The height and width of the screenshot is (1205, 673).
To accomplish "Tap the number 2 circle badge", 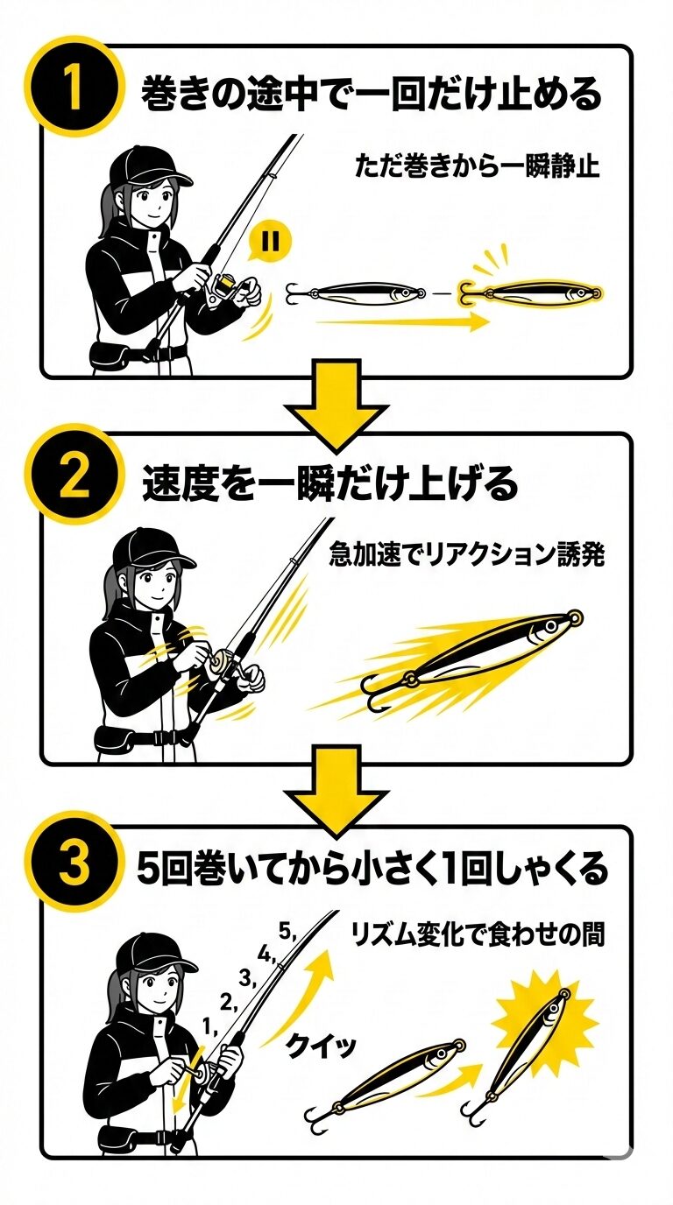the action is click(x=74, y=476).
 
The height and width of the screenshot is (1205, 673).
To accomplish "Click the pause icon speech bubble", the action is click(x=270, y=241).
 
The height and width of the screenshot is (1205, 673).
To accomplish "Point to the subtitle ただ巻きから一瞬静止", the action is click(x=477, y=166).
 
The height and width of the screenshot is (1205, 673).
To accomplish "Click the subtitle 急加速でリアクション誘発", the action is click(x=466, y=554).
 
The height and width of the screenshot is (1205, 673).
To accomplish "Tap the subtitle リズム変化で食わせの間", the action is click(x=477, y=934).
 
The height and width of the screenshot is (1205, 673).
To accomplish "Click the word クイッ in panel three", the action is click(x=321, y=1046).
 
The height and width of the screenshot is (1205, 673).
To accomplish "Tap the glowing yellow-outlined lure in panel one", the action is click(x=530, y=292).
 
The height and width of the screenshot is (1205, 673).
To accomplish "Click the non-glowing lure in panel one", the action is click(x=357, y=293).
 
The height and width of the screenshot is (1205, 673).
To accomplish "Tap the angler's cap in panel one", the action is click(x=147, y=166).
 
